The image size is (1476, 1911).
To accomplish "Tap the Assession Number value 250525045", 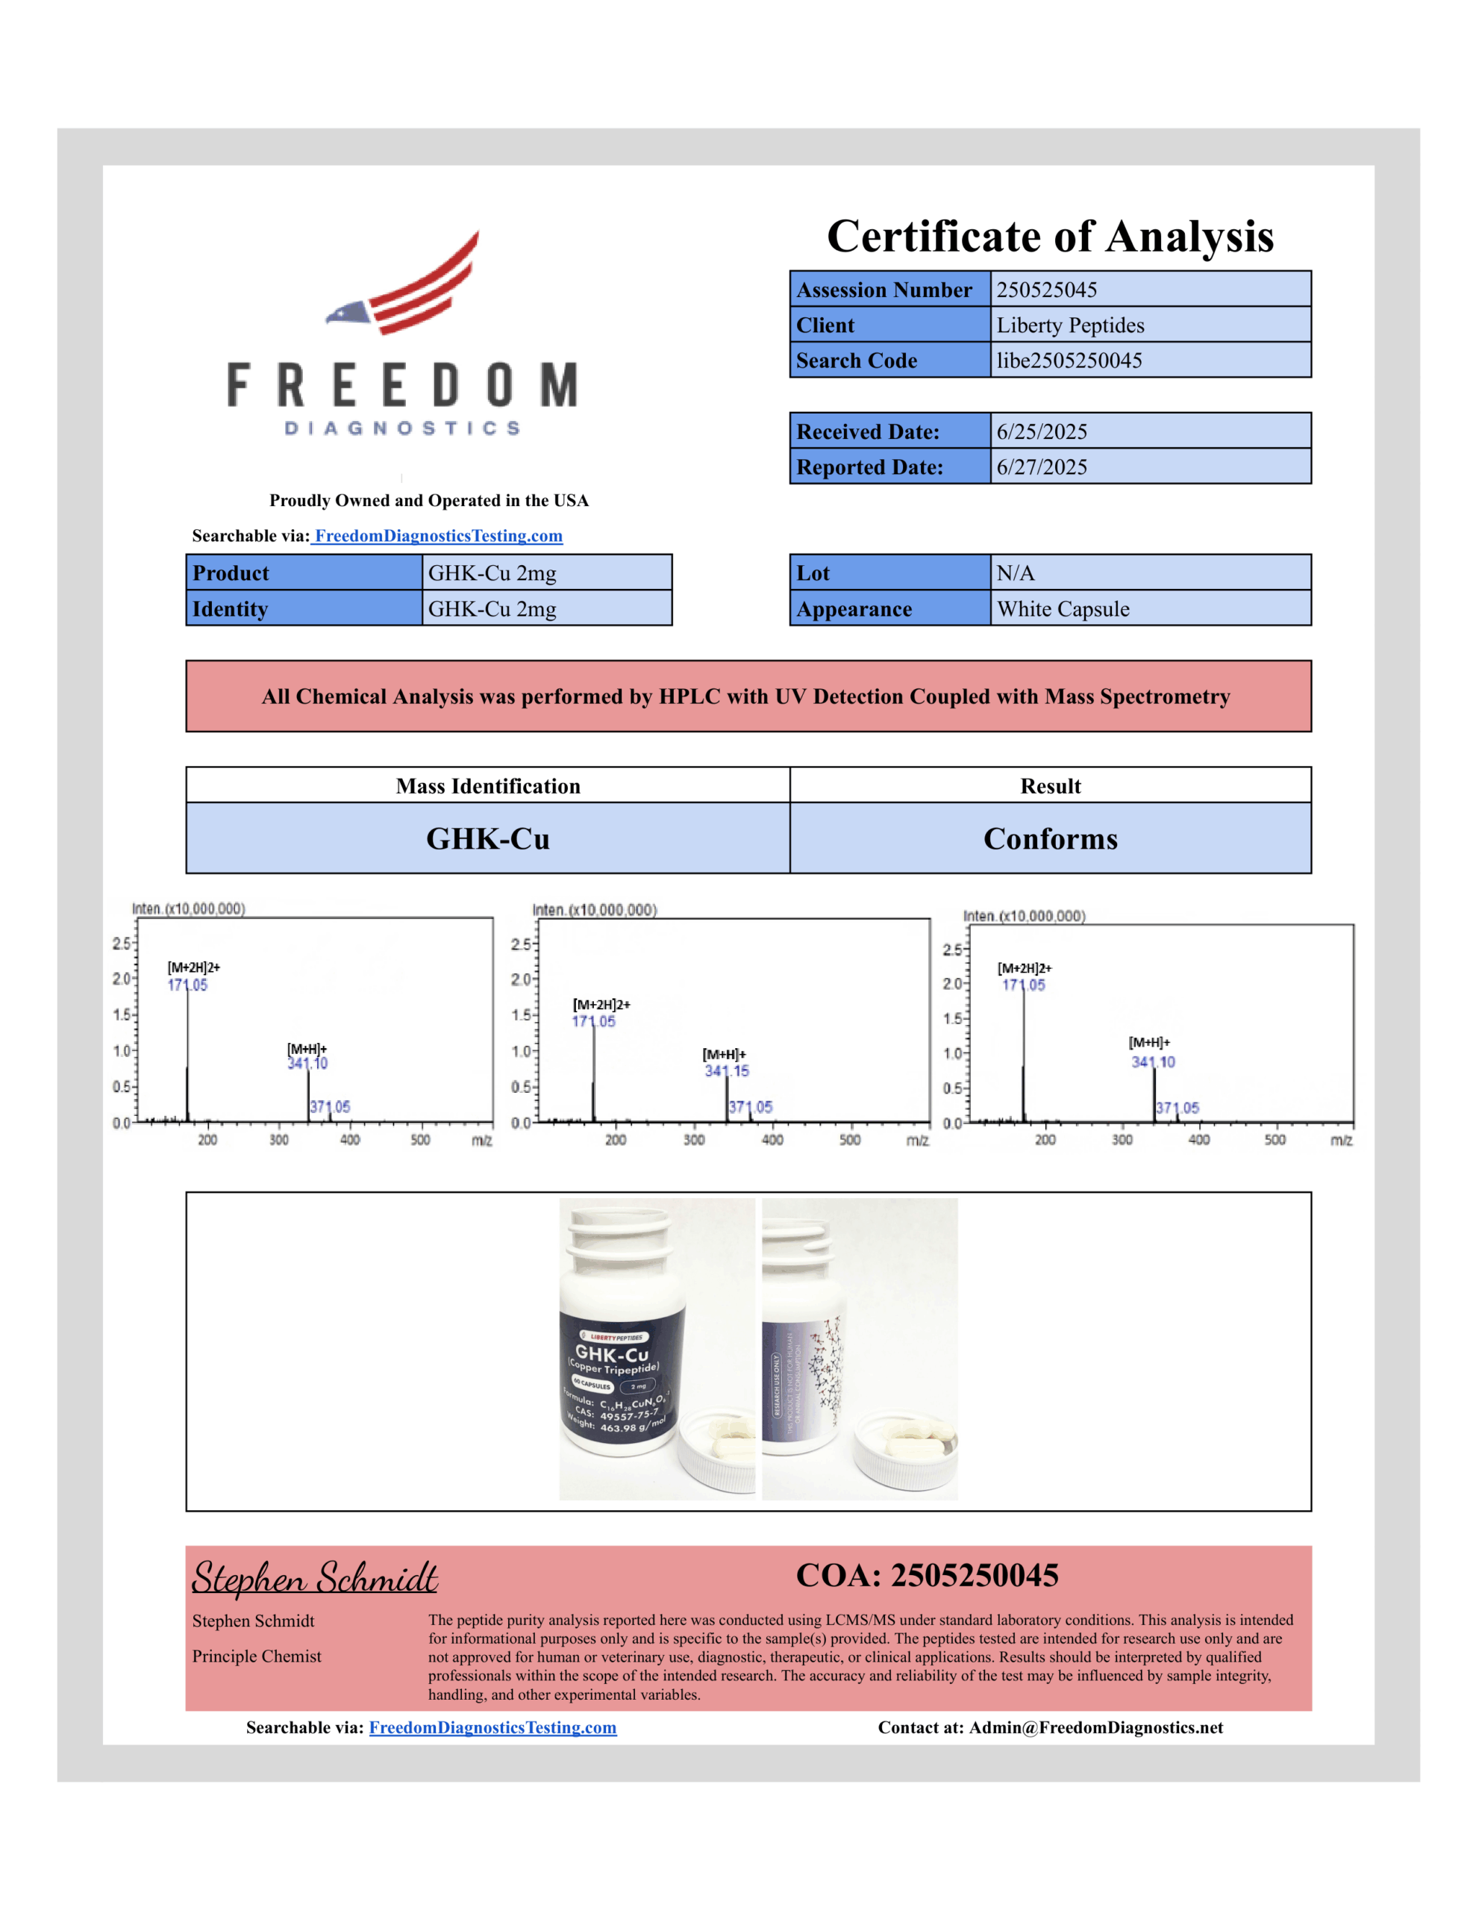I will pos(1045,290).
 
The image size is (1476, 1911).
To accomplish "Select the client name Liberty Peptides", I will pos(1069,325).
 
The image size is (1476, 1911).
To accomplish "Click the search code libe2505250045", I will pos(1069,361).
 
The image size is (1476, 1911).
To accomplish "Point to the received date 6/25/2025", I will pos(1041,431).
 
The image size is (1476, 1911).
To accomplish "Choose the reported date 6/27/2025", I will pos(1041,467).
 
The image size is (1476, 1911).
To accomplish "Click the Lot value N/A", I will pos(1015,573).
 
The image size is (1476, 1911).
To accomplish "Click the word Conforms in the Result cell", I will pos(1050,838).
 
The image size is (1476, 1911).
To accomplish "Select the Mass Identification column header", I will pos(487,786).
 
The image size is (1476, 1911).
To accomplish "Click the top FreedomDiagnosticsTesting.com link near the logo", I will pos(438,535).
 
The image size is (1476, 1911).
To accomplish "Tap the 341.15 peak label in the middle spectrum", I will pos(727,1071).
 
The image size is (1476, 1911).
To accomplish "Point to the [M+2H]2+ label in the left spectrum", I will pos(193,967).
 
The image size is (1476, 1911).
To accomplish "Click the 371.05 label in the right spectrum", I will pos(1178,1108).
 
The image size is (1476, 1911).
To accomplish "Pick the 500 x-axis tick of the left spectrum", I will pos(420,1140).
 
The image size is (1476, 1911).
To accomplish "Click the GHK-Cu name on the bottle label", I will pos(612,1353).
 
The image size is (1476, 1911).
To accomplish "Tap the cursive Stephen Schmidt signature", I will pos(315,1577).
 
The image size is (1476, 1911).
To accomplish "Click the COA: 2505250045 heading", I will pos(927,1576).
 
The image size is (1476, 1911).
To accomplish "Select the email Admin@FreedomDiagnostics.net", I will pos(1095,1727).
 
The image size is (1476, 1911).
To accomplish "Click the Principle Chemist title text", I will pos(257,1656).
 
